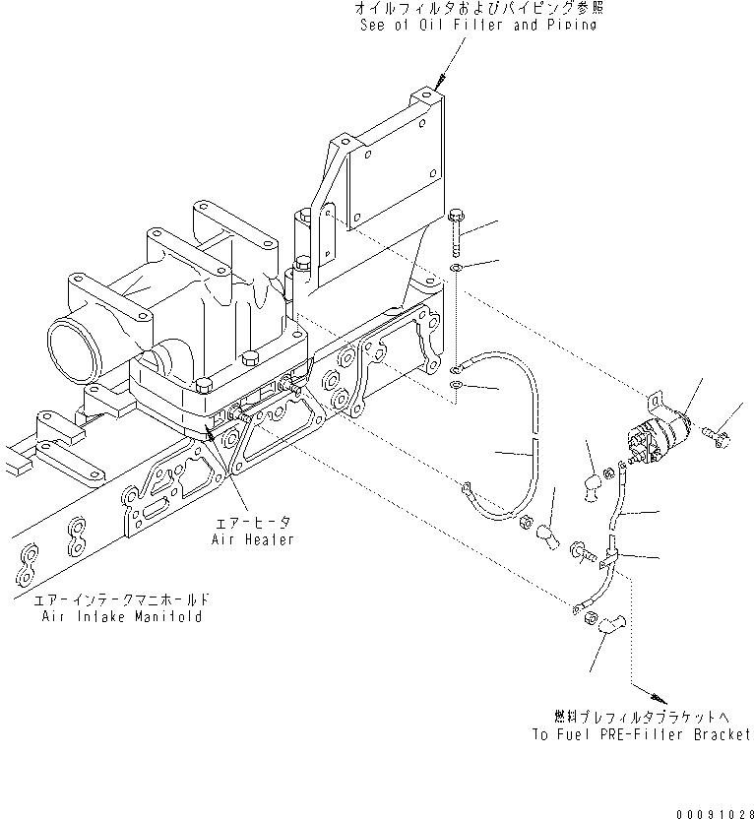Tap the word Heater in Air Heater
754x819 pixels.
(271, 540)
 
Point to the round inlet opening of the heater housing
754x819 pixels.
(70, 346)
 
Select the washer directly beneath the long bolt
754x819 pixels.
(458, 268)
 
